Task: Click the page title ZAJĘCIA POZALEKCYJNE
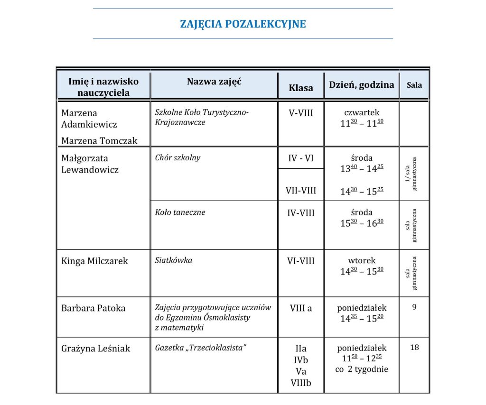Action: [x=243, y=24]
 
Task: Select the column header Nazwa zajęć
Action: [x=214, y=82]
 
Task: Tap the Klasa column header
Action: [x=301, y=88]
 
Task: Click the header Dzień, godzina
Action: [x=362, y=85]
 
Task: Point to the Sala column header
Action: [x=414, y=85]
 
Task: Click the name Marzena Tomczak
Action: [x=99, y=140]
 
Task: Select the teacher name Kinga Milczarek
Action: [x=94, y=261]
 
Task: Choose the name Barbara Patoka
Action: [x=93, y=308]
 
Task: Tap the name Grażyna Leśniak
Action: [x=95, y=349]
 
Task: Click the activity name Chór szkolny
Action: [x=178, y=158]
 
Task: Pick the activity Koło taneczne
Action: [x=180, y=212]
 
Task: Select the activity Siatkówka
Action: [x=174, y=260]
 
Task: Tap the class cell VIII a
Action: [x=301, y=308]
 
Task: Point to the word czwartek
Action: [x=362, y=113]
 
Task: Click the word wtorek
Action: [x=362, y=260]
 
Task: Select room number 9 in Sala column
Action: [x=414, y=307]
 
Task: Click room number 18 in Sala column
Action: [x=414, y=348]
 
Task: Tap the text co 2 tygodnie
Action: [x=362, y=369]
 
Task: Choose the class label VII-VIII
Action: [x=301, y=191]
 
